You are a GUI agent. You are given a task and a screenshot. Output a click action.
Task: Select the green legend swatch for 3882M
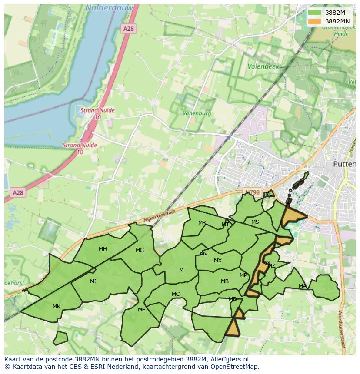[314, 13]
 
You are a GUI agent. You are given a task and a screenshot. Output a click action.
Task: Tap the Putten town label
[344, 164]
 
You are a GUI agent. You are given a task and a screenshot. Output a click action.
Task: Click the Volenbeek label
[263, 67]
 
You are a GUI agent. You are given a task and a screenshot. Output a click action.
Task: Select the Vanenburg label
[197, 113]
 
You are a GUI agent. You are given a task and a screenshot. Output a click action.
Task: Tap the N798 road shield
[252, 192]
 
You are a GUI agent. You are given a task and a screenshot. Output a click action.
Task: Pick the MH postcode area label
[103, 249]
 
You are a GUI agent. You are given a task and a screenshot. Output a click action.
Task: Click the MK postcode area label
[57, 307]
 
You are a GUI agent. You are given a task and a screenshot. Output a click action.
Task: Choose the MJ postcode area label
[93, 281]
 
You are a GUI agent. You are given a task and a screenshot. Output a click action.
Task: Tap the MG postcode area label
[140, 250]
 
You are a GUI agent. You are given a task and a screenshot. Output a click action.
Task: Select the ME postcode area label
[141, 310]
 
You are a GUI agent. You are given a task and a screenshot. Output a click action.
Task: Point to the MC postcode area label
[176, 294]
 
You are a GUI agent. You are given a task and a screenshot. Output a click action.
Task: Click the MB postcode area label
[224, 281]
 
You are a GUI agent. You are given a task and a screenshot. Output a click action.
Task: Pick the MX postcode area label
[218, 261]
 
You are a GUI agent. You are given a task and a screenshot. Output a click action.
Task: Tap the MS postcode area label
[255, 222]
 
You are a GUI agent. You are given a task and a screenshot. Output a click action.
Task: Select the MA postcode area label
[302, 286]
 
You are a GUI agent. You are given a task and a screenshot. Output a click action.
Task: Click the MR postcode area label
[202, 223]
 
